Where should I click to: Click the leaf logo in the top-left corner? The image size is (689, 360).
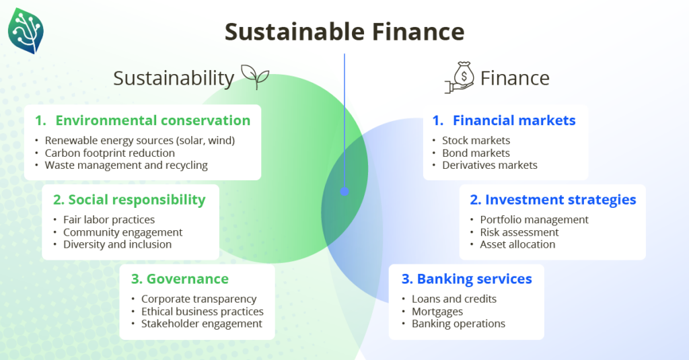pyautogui.click(x=26, y=31)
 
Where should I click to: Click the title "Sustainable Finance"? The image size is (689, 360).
pyautogui.click(x=344, y=32)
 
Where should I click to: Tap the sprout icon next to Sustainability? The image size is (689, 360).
pyautogui.click(x=255, y=77)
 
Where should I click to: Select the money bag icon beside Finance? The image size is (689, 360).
pyautogui.click(x=460, y=77)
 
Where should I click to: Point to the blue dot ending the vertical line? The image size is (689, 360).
pyautogui.click(x=344, y=191)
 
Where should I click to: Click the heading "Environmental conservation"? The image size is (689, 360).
pyautogui.click(x=153, y=120)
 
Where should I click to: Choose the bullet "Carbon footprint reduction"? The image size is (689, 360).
pyautogui.click(x=110, y=153)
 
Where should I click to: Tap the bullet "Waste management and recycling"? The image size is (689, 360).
pyautogui.click(x=126, y=166)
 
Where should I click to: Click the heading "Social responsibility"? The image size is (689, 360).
pyautogui.click(x=137, y=200)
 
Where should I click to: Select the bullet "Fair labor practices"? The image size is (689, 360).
pyautogui.click(x=109, y=220)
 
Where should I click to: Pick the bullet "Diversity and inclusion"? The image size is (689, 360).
pyautogui.click(x=117, y=244)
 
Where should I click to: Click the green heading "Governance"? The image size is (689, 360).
pyautogui.click(x=188, y=279)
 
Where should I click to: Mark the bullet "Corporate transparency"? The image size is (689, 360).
pyautogui.click(x=198, y=299)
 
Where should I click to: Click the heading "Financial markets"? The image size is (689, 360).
pyautogui.click(x=514, y=120)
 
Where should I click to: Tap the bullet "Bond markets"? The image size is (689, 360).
pyautogui.click(x=476, y=153)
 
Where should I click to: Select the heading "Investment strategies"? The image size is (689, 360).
pyautogui.click(x=560, y=200)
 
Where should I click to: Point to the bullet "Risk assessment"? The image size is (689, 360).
pyautogui.click(x=519, y=232)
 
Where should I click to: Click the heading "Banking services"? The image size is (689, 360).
pyautogui.click(x=474, y=279)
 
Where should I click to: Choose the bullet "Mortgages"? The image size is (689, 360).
pyautogui.click(x=437, y=312)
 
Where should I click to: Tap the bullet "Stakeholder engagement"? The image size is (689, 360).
pyautogui.click(x=202, y=324)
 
